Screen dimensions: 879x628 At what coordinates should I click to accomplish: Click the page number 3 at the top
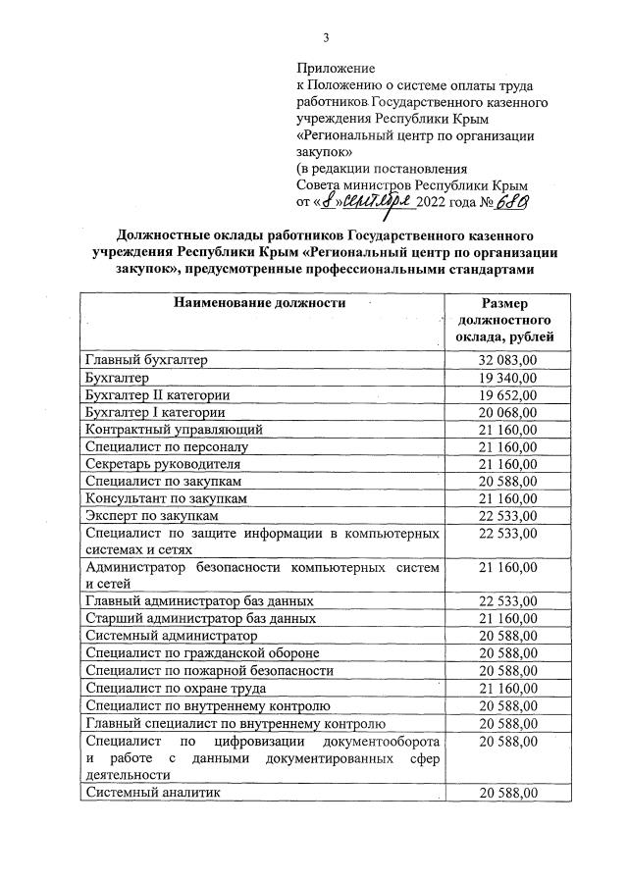click(x=326, y=38)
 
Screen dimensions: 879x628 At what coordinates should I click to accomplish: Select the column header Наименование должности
click(x=259, y=303)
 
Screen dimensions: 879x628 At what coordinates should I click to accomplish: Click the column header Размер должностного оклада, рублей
click(x=504, y=321)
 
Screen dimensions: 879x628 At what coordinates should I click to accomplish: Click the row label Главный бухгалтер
click(x=146, y=360)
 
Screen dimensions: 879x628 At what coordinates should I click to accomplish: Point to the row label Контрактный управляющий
click(x=174, y=430)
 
